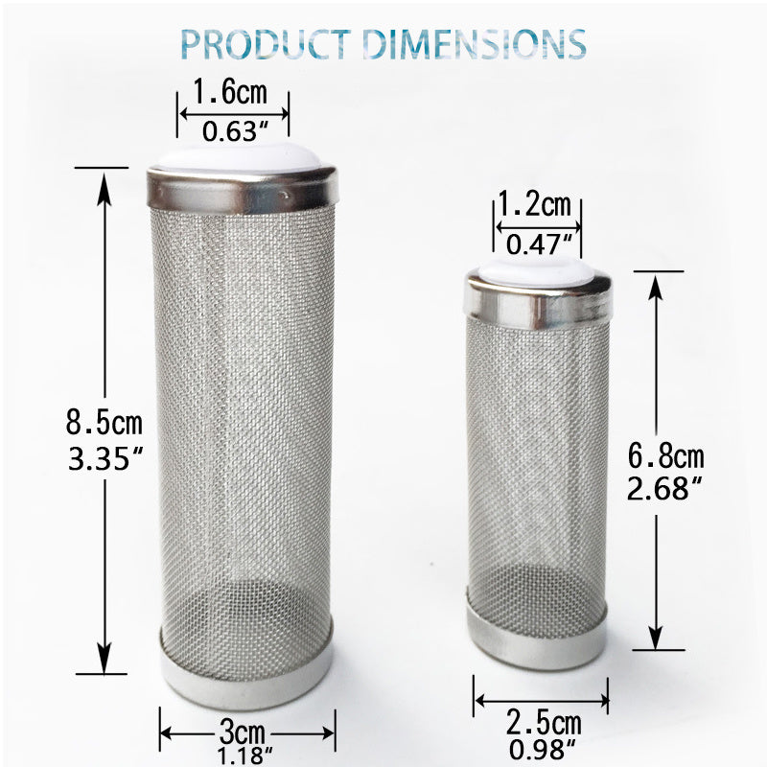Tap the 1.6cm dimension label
click(230, 94)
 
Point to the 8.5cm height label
click(104, 422)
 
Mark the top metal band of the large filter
click(242, 190)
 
